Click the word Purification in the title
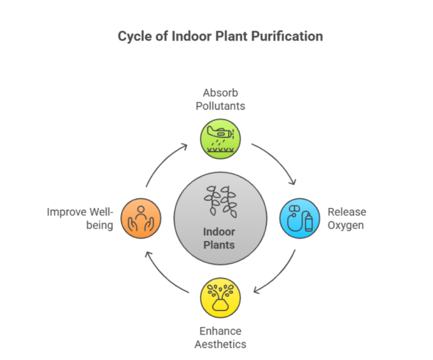click(287, 36)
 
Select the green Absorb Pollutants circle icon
click(221, 139)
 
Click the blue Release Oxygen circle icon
click(300, 219)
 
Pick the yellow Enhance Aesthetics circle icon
click(221, 297)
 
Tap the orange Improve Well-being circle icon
click(141, 219)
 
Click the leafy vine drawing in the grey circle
click(221, 202)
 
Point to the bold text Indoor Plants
click(219, 239)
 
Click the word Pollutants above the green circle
click(221, 106)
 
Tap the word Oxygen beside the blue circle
click(345, 225)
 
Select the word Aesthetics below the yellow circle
click(221, 344)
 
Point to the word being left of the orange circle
click(100, 225)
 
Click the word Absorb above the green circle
click(221, 93)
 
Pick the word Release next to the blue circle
click(347, 212)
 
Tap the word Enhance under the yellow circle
click(221, 331)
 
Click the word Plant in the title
click(231, 36)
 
